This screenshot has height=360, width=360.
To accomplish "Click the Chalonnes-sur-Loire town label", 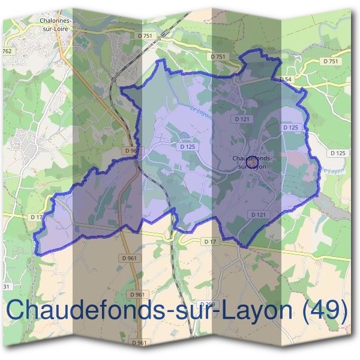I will point(55,23).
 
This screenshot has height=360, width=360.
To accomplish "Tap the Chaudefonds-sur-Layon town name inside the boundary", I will point(252,162).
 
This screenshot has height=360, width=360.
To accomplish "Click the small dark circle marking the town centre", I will point(253,162).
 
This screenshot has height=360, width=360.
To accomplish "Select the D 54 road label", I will point(285,79).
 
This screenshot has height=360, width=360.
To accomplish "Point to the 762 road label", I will point(7,51).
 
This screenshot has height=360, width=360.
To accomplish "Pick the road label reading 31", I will point(7,286).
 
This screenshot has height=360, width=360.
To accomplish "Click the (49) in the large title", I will point(325,311).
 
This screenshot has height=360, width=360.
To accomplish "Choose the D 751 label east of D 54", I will point(331,61).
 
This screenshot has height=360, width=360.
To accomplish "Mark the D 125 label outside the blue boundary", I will point(338,153).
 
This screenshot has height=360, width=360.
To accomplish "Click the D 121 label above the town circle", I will point(242,119).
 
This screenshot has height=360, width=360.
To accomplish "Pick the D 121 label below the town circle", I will point(259,214).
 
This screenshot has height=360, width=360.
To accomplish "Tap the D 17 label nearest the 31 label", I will point(36,216).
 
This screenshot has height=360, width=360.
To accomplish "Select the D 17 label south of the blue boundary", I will point(209,241).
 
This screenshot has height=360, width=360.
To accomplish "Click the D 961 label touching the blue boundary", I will point(130,151).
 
